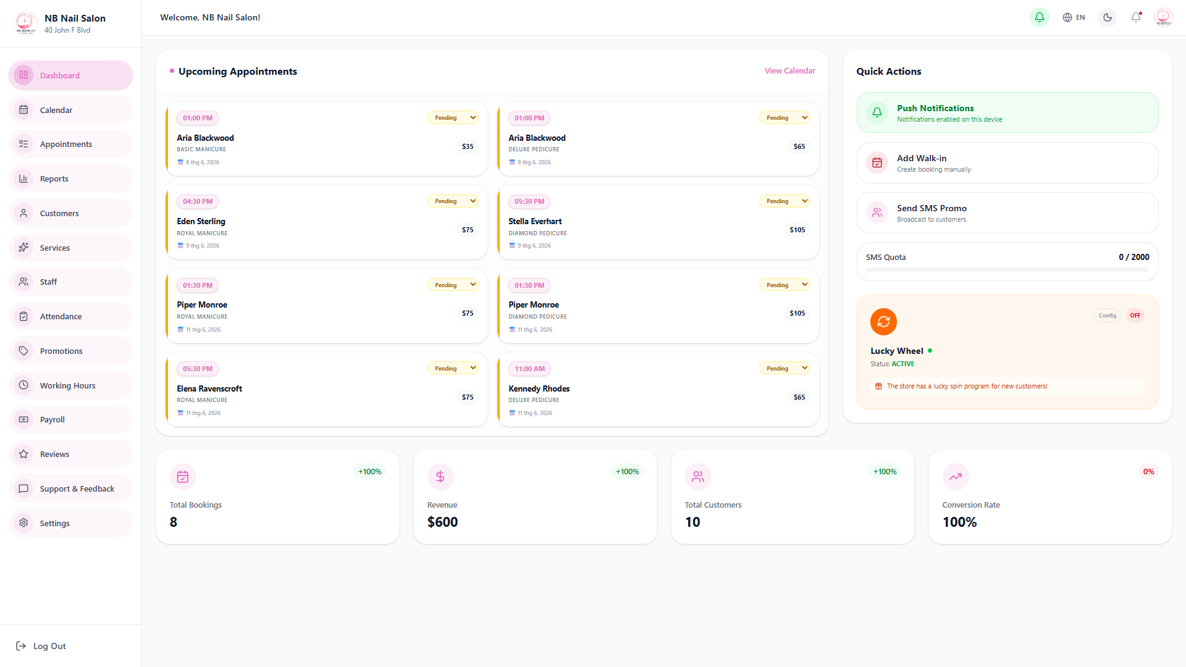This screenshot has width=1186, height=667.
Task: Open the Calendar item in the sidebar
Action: [x=70, y=110]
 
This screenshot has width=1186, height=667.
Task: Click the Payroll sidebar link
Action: [x=70, y=419]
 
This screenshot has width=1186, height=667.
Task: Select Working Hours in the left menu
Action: [x=70, y=385]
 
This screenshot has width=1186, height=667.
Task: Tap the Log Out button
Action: [x=41, y=646]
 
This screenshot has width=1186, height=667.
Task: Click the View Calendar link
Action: [x=789, y=71]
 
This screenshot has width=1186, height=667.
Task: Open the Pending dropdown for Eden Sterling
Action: [x=453, y=201]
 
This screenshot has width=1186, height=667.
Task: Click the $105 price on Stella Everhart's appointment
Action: [x=797, y=230]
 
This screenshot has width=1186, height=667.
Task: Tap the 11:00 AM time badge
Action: [x=529, y=369]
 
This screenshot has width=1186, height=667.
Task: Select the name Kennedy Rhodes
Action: [x=539, y=388]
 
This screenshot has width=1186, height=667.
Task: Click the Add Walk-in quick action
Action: [x=1007, y=163]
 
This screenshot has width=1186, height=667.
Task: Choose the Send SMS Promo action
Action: [x=1007, y=213]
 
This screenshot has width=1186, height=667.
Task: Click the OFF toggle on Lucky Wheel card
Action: [x=1135, y=316]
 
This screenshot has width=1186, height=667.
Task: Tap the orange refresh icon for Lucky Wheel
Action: [x=883, y=322]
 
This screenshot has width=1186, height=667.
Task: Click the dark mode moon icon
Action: [x=1108, y=17]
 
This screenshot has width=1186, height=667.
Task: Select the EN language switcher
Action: [x=1074, y=17]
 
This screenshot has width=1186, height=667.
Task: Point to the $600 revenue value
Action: [x=442, y=522]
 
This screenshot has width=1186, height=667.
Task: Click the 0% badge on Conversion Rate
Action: [x=1148, y=472]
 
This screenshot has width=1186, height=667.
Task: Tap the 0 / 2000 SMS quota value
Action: [x=1133, y=257]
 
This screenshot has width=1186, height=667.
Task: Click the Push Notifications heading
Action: [x=935, y=108]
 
